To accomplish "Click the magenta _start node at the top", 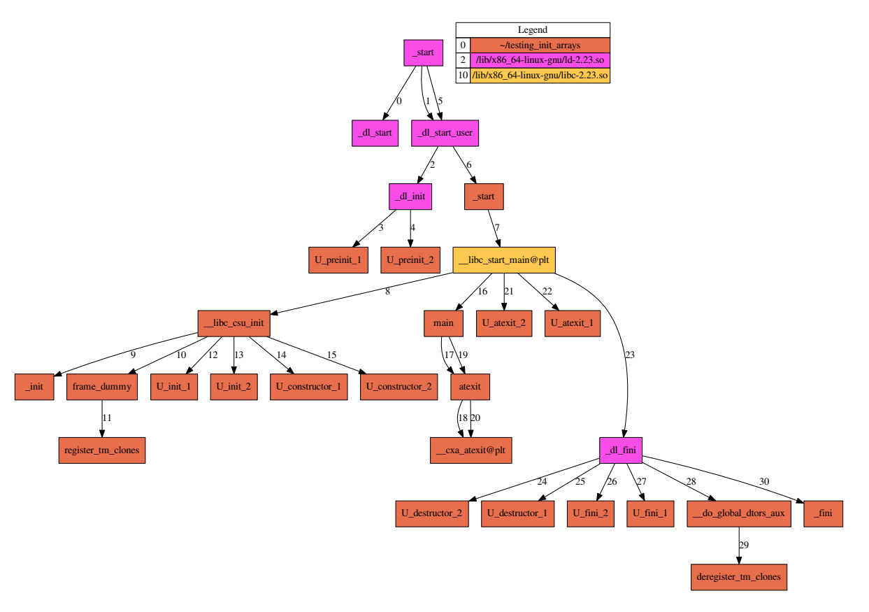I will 424,52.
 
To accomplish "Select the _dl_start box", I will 375,133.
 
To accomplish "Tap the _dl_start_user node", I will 445,133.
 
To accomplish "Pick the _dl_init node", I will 410,197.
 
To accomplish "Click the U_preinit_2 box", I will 410,260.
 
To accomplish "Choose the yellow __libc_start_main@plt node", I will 504,260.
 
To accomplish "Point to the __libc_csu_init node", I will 234,324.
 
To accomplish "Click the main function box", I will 443,324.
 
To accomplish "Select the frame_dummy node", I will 102,387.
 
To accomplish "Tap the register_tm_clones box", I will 102,450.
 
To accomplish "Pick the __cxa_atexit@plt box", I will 471,450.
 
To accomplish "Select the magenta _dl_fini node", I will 621,450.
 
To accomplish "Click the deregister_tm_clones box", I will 739,578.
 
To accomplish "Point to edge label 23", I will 629,355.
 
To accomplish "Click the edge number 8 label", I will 387,292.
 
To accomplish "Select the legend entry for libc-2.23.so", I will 540,76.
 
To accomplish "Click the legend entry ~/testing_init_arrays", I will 540,45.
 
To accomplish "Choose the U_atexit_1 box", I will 572,324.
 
